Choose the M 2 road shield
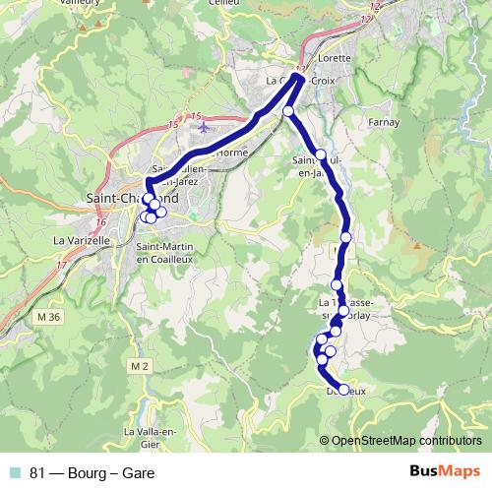pos(140,366)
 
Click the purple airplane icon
pos(204,127)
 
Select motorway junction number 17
pos(62,265)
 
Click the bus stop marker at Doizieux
pos(343,390)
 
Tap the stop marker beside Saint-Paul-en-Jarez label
pos(321,154)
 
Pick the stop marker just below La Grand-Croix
pos(288,112)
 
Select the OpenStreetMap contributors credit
pos(406,441)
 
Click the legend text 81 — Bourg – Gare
pos(92,473)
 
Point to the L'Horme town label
pos(233,153)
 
